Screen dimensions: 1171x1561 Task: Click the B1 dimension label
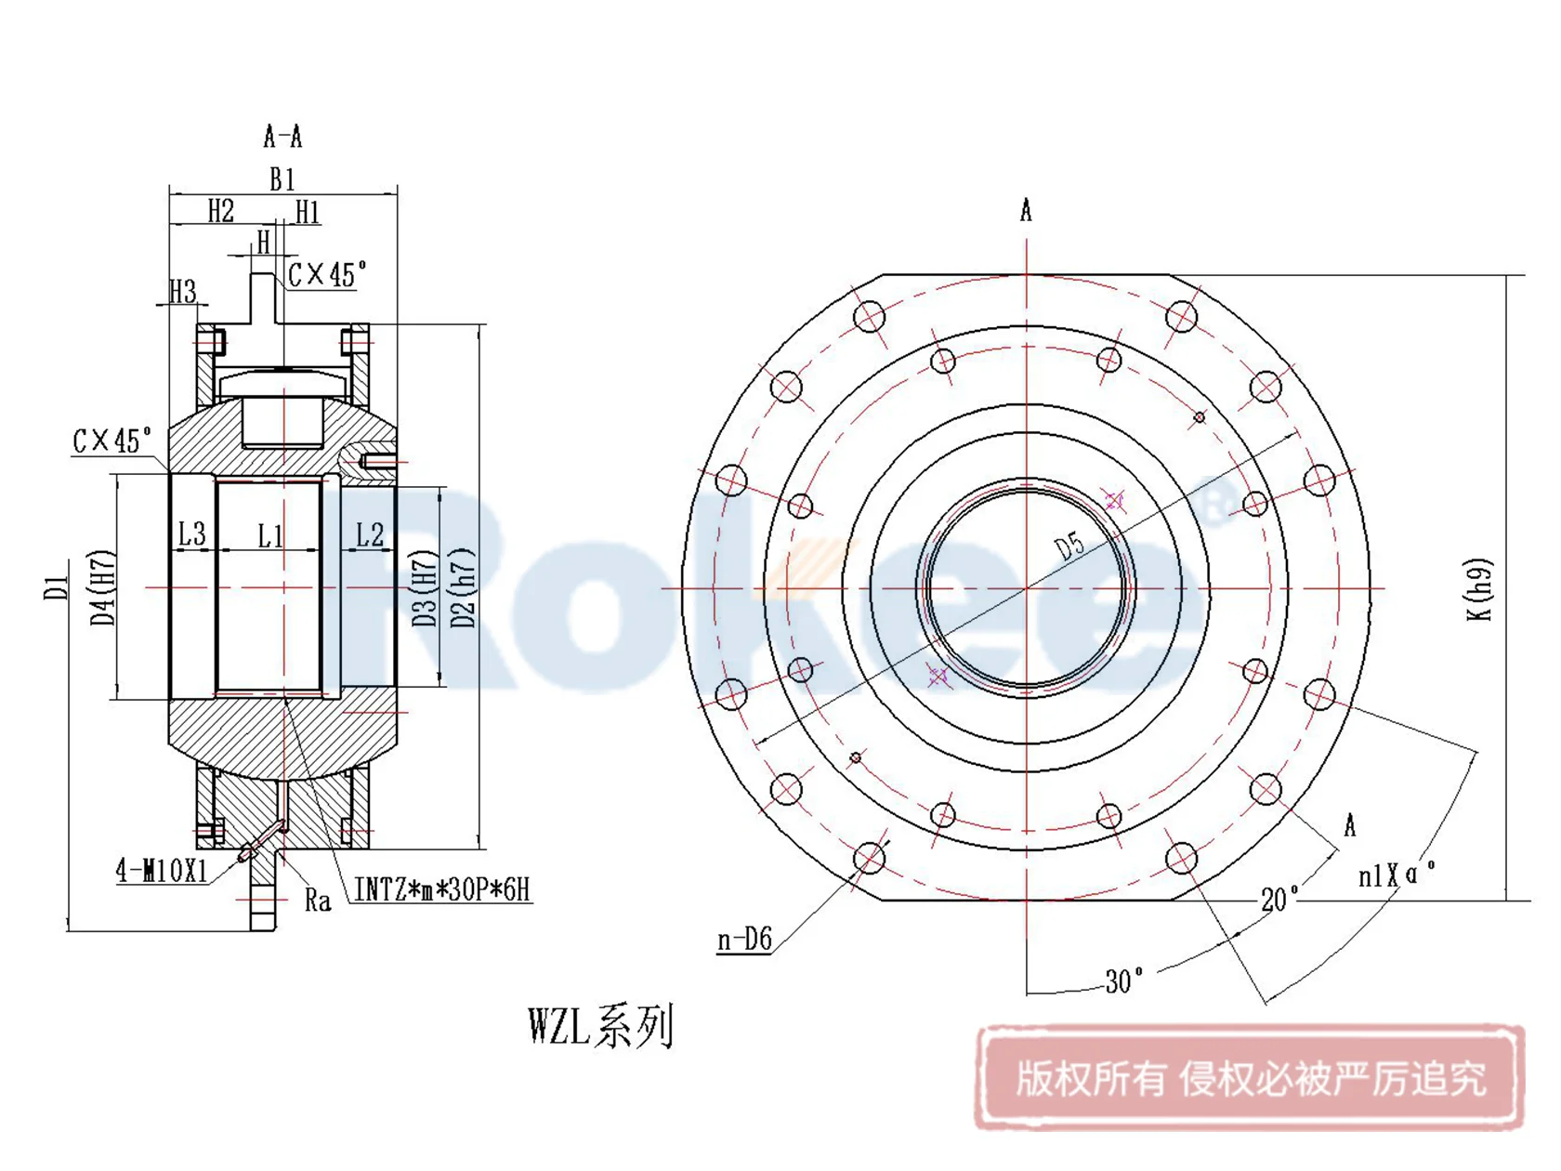[x=282, y=178]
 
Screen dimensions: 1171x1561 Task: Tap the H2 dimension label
[x=220, y=211]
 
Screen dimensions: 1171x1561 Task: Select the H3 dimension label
[x=183, y=292]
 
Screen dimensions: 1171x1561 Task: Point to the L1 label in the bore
[x=270, y=536]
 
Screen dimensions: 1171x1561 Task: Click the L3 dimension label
[x=191, y=534]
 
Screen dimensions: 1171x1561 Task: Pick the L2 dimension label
[x=370, y=534]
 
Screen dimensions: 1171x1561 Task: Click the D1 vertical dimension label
[x=56, y=587]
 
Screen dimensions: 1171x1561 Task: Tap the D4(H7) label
[x=103, y=587]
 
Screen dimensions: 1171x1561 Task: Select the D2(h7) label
[x=462, y=587]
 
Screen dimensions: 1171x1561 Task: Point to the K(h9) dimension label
[x=1480, y=589]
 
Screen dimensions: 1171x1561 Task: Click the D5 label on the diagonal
[x=1070, y=546]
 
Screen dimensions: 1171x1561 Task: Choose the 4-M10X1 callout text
[x=162, y=871]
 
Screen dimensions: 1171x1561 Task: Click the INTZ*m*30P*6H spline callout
[x=442, y=890]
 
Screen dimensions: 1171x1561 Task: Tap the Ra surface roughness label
[x=318, y=900]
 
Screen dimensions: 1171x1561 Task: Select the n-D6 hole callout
[x=744, y=940]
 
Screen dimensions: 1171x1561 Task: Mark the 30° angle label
[x=1123, y=981]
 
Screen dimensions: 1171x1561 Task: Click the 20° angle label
[x=1279, y=899]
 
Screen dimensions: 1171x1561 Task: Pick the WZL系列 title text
[x=600, y=1026]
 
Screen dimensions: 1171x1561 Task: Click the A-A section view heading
[x=282, y=138]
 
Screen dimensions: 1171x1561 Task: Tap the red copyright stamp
[x=1250, y=1078]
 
